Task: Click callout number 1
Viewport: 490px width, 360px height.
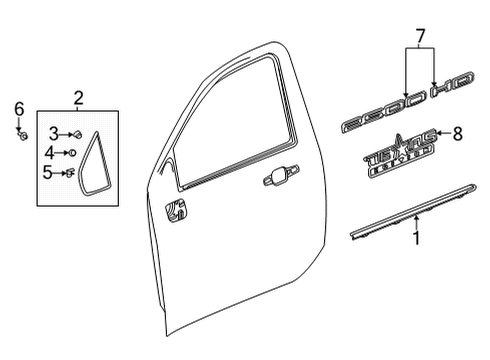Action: click(417, 239)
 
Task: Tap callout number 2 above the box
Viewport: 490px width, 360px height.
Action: click(79, 97)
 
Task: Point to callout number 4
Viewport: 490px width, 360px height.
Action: click(50, 152)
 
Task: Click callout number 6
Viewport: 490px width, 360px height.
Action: click(18, 109)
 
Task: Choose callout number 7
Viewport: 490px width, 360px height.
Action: click(420, 37)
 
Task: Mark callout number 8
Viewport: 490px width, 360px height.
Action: click(458, 132)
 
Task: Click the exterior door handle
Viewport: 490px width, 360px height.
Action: click(272, 179)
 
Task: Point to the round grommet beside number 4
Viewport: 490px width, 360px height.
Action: click(73, 152)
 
